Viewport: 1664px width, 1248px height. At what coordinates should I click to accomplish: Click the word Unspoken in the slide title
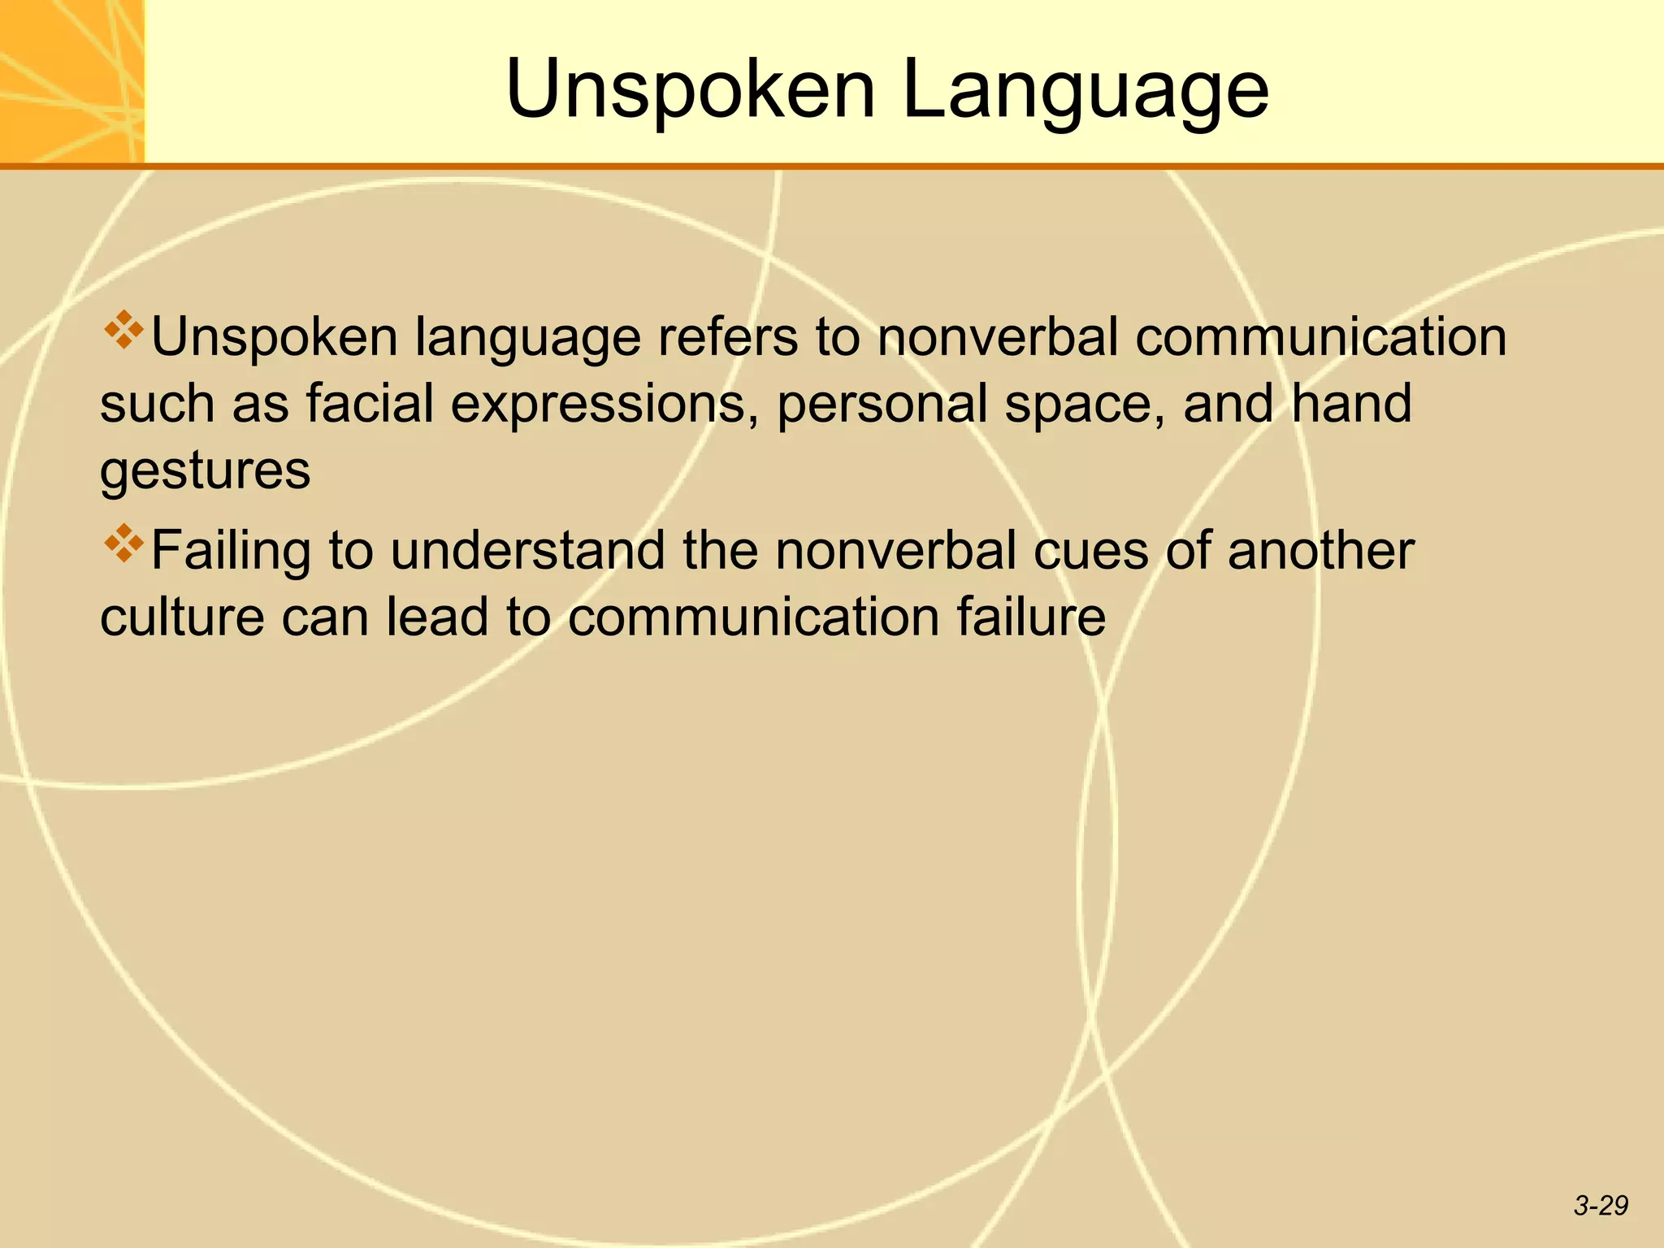pos(690,89)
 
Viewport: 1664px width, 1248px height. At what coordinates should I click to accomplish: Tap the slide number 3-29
pos(1601,1206)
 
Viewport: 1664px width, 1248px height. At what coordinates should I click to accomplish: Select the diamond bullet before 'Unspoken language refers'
pos(123,330)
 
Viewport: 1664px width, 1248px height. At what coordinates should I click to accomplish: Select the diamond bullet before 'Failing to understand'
pos(123,544)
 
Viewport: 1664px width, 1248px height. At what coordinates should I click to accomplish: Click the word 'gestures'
pos(206,472)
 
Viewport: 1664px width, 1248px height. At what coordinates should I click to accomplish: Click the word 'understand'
pos(527,551)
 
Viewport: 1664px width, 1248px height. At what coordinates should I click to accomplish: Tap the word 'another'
pos(1320,551)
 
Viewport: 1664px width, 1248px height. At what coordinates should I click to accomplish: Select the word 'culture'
pos(182,617)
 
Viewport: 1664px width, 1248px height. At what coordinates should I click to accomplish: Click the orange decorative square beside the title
pos(71,81)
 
